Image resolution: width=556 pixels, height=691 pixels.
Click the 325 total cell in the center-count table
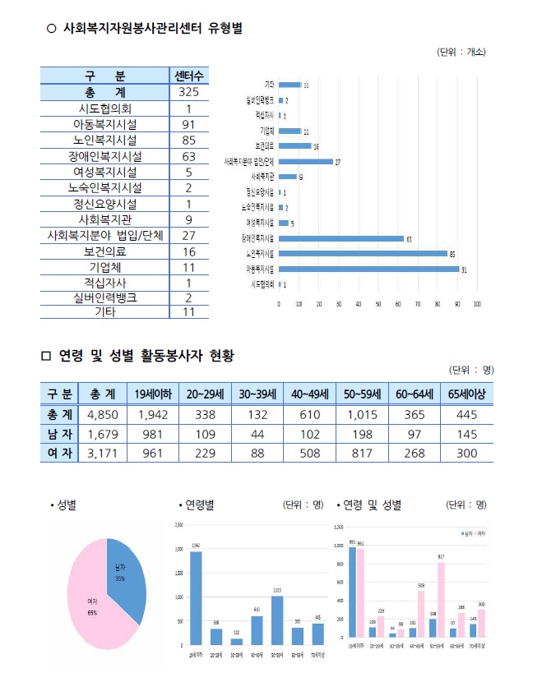[x=188, y=92]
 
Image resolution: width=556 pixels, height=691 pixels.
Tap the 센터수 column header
[x=188, y=76]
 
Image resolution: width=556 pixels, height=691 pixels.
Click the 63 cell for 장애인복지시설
[x=188, y=156]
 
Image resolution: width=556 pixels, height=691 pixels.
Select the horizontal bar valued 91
[x=368, y=269]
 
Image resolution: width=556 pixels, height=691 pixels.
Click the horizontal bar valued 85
[x=363, y=253]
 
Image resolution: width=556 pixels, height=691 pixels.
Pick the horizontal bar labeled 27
[x=305, y=162]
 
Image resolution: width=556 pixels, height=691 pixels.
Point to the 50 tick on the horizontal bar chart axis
[x=378, y=304]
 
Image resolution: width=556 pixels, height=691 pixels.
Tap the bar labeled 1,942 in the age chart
[x=196, y=598]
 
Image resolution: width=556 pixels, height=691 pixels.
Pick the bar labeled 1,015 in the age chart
[x=277, y=620]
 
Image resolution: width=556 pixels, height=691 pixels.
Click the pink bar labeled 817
[x=441, y=600]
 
